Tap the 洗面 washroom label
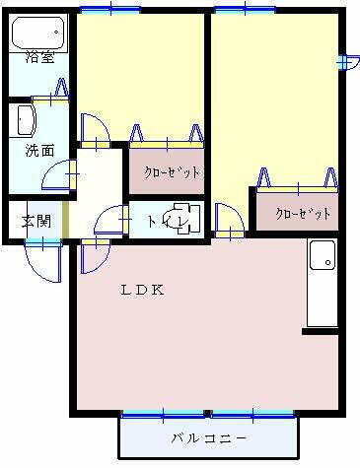pyautogui.click(x=39, y=151)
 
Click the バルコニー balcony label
pyautogui.click(x=208, y=437)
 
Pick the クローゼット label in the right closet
pyautogui.click(x=302, y=213)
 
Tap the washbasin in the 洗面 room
pyautogui.click(x=25, y=121)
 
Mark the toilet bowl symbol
pyautogui.click(x=178, y=220)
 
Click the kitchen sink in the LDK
pyautogui.click(x=322, y=257)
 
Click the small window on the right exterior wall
pyautogui.click(x=342, y=62)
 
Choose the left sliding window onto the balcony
pyautogui.click(x=165, y=413)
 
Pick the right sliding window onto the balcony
pyautogui.click(x=253, y=413)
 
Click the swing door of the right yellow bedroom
pyautogui.click(x=227, y=219)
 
